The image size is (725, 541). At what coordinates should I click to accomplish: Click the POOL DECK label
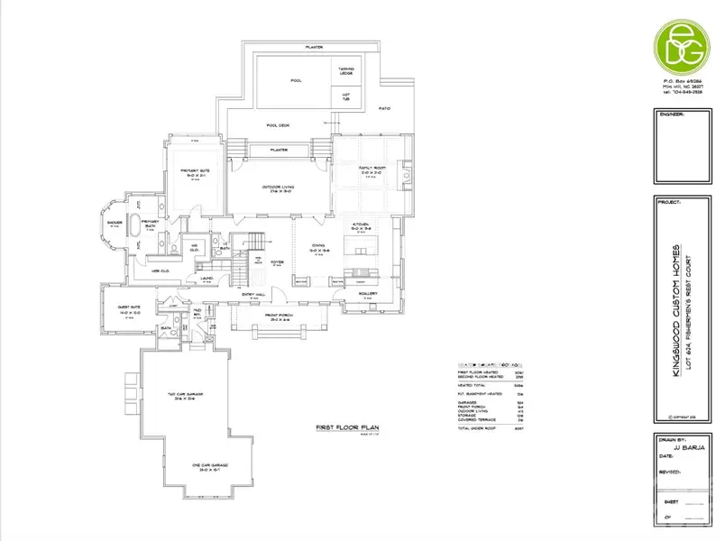[278, 125]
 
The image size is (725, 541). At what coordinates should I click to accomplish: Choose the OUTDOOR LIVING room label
[279, 188]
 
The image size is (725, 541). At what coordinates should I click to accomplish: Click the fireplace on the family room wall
[408, 171]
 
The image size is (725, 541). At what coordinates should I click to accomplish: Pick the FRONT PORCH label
[276, 317]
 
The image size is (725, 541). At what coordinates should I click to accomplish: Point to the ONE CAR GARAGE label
[211, 465]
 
